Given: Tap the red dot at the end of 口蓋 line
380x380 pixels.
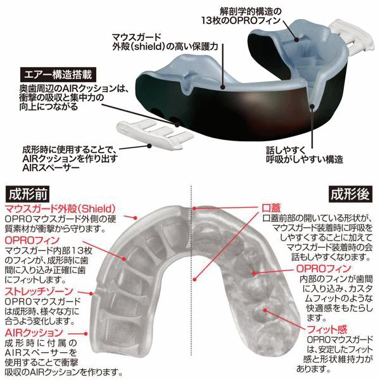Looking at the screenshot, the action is click(194, 208).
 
